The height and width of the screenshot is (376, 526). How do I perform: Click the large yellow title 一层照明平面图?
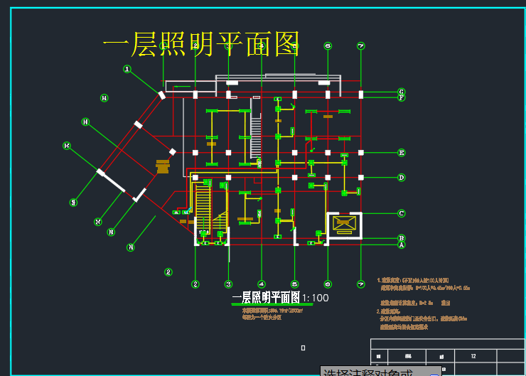201,45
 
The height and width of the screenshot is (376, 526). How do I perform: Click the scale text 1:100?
316,298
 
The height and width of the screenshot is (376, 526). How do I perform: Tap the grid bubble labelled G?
402,92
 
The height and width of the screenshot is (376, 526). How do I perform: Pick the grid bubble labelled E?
402,152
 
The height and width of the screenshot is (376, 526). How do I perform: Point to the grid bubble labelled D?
402,178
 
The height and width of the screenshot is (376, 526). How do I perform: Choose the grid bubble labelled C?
402,213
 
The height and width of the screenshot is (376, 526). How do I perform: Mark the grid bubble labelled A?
402,245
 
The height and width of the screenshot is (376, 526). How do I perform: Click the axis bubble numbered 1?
127,69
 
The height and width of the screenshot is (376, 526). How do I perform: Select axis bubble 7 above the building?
361,45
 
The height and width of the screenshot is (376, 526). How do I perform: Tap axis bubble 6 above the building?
328,45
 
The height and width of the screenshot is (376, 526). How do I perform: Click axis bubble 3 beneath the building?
228,284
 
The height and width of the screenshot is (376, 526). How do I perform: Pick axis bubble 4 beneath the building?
262,284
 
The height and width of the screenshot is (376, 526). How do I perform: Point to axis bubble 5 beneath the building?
294,284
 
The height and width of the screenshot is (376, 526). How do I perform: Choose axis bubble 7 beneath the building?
361,284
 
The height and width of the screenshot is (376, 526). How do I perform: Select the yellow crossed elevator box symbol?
344,224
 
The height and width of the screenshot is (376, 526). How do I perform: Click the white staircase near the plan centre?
255,139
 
